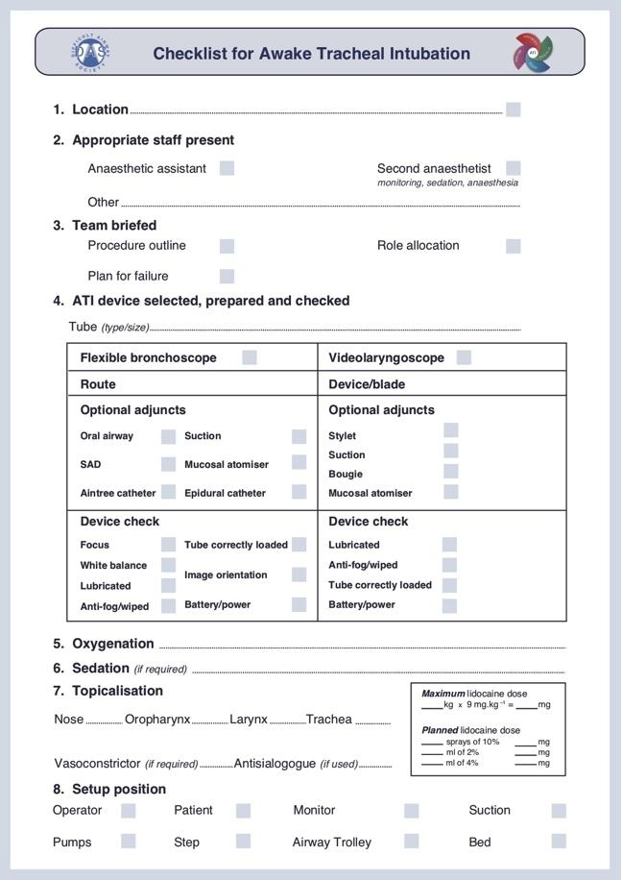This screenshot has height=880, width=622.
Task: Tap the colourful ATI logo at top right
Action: tap(532, 52)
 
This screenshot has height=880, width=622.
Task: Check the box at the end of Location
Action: tap(514, 110)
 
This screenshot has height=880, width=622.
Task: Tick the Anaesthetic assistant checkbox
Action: tap(227, 168)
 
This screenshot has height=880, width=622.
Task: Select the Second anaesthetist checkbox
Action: tap(514, 168)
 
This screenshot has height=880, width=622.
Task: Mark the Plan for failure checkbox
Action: tap(227, 276)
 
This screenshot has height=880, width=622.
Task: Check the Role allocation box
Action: tap(514, 245)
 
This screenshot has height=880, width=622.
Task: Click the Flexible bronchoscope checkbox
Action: tap(250, 357)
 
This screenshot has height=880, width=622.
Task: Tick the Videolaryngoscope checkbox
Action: tap(464, 357)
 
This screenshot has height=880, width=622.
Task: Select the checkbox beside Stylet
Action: tap(450, 430)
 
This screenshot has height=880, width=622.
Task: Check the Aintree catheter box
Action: tap(168, 492)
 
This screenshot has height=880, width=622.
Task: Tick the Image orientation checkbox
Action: tap(299, 574)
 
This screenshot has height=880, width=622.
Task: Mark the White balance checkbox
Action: tap(168, 565)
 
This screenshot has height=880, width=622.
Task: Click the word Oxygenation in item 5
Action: tap(113, 644)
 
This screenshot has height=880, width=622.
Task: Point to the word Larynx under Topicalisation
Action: tap(249, 719)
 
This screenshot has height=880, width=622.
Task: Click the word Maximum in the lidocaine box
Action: tap(443, 694)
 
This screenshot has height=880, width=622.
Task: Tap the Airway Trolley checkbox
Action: tap(411, 842)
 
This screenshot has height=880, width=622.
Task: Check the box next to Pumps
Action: tap(128, 842)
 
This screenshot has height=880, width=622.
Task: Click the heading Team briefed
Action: tap(114, 225)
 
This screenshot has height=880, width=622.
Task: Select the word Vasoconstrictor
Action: tap(97, 764)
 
